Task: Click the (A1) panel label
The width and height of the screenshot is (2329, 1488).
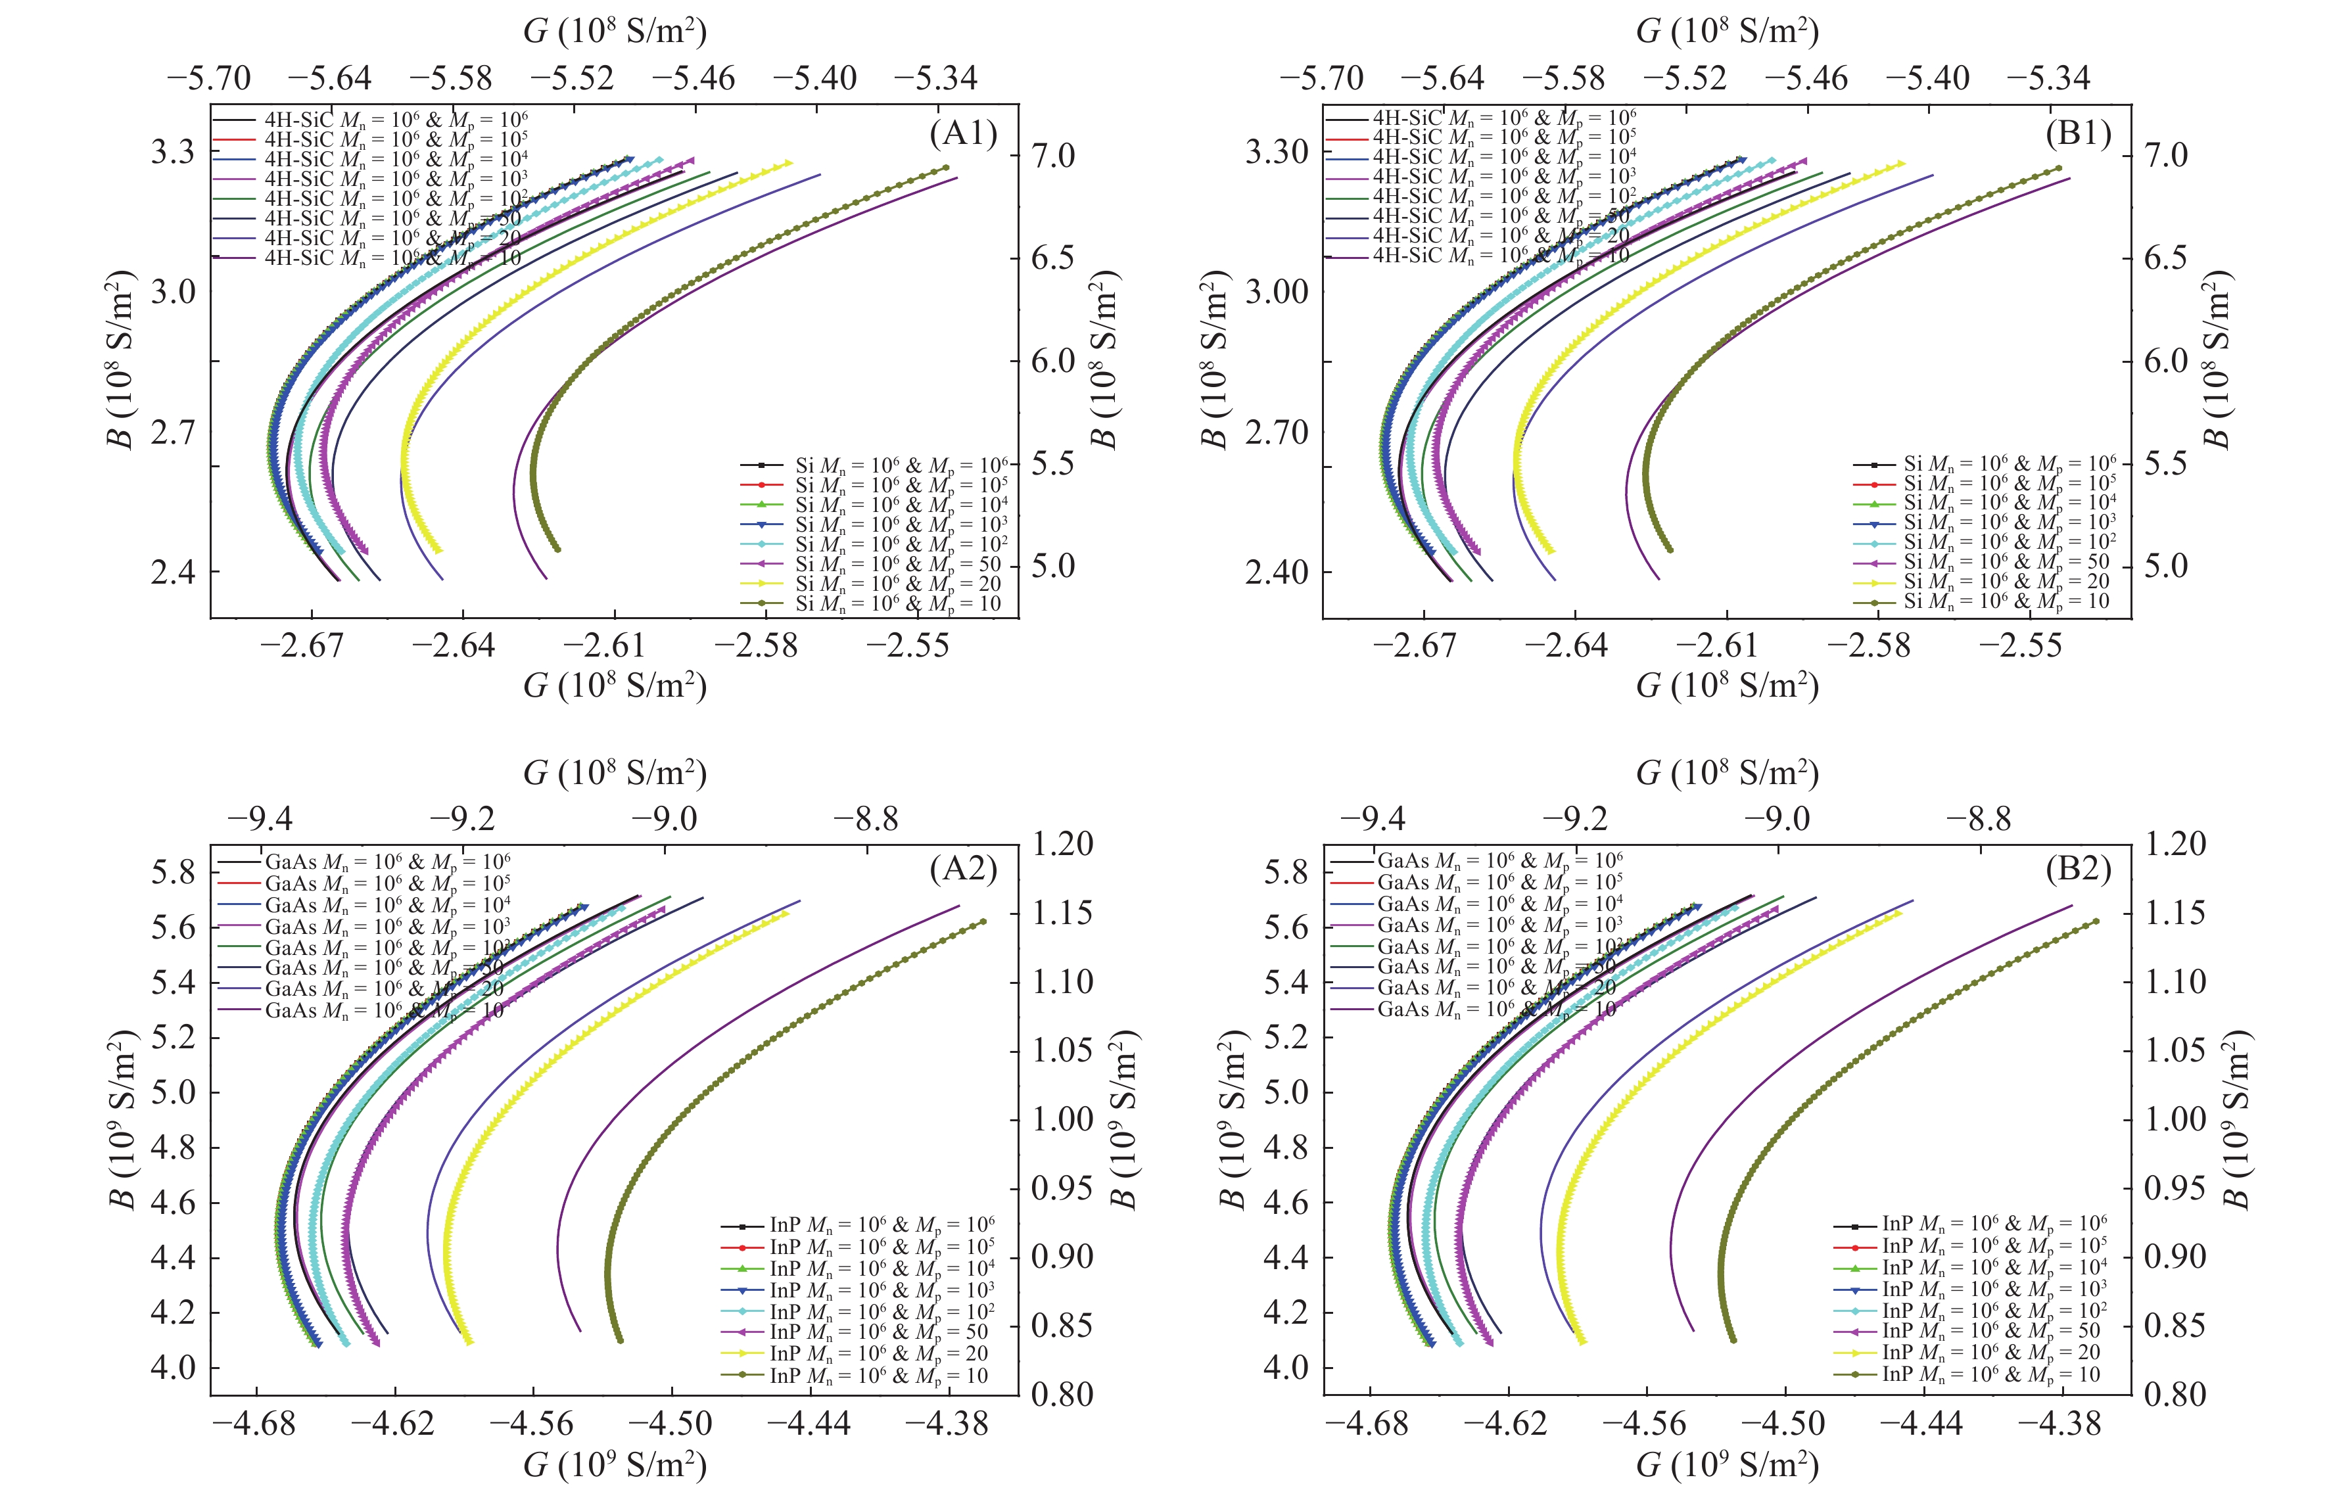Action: (962, 133)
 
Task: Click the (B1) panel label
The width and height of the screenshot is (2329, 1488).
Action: (2077, 133)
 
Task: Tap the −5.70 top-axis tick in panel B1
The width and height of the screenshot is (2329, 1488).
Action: (1321, 78)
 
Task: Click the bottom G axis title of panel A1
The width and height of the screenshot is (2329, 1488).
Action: (615, 686)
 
